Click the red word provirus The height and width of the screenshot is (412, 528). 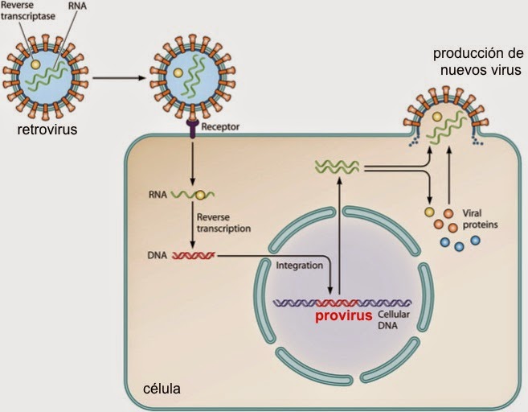click(x=343, y=316)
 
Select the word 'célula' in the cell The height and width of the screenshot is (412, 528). click(x=161, y=389)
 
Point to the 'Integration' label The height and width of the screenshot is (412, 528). click(x=299, y=264)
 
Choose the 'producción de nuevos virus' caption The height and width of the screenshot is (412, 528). click(x=477, y=62)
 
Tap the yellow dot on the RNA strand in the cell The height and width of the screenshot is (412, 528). click(x=199, y=195)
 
